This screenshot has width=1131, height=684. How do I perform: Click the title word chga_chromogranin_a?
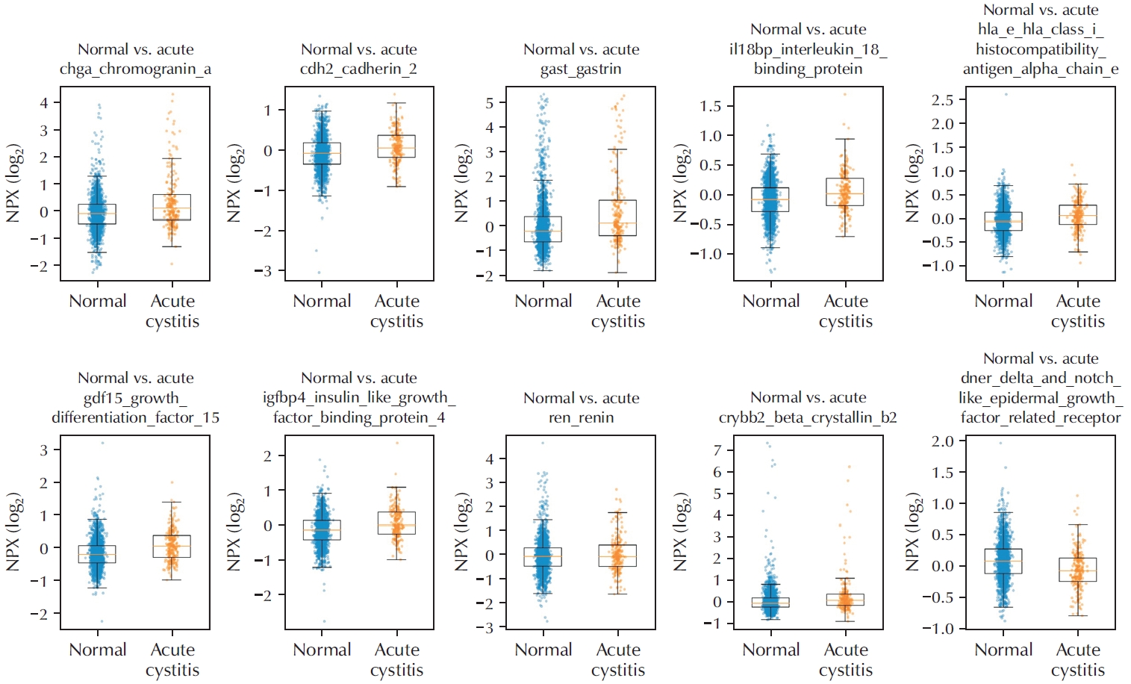click(135, 69)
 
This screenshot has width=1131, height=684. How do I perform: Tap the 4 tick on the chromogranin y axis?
click(44, 102)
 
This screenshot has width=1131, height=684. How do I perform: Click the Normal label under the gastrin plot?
click(543, 301)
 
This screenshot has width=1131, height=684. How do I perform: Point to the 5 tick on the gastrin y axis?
click(490, 103)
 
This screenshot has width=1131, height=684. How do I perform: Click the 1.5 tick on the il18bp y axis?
click(710, 106)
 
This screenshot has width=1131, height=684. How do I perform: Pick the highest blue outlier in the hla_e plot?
click(1006, 94)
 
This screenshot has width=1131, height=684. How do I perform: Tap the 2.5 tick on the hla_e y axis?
click(942, 99)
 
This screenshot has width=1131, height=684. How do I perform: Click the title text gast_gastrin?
click(581, 69)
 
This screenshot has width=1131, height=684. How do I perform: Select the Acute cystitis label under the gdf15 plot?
click(172, 659)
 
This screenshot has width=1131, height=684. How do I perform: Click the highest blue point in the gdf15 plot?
click(102, 443)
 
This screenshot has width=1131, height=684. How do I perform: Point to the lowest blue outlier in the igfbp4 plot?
click(324, 621)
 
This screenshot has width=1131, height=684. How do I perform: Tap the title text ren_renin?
click(581, 417)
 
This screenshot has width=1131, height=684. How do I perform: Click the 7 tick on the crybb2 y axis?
click(717, 450)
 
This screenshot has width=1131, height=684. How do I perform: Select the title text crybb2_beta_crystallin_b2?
click(808, 417)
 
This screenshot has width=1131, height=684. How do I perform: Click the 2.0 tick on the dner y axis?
click(942, 441)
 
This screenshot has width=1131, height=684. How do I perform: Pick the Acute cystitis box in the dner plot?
click(1077, 570)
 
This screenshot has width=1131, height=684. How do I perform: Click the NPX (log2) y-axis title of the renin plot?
click(463, 532)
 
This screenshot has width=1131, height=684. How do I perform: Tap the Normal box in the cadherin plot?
click(322, 153)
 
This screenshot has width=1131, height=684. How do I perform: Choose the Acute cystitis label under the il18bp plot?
click(846, 311)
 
